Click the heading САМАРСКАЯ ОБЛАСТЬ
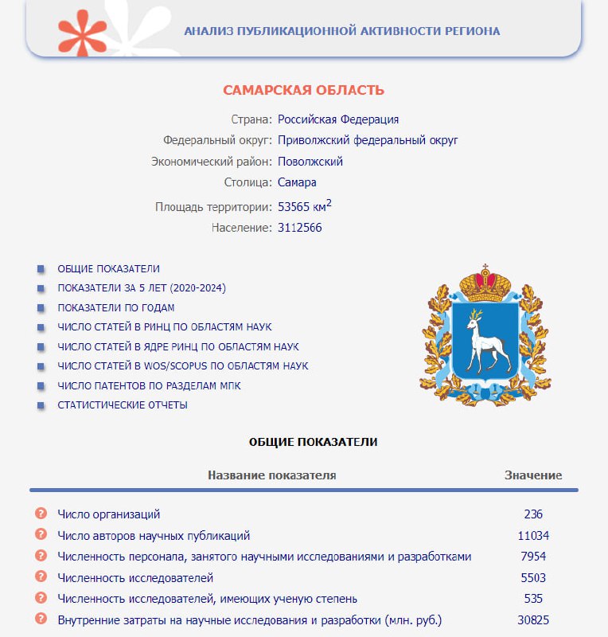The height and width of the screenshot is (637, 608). point(303,91)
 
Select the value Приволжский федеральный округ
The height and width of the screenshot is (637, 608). point(368,140)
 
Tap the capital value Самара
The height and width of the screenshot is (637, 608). point(297,182)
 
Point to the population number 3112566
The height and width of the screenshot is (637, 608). point(300,228)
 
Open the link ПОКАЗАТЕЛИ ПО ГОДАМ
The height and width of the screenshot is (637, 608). point(115,307)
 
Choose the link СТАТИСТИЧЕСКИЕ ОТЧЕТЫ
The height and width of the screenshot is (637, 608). point(123,404)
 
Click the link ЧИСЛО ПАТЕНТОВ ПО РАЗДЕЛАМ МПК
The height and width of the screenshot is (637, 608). point(149,385)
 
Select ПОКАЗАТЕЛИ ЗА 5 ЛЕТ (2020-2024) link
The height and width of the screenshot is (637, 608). point(142,288)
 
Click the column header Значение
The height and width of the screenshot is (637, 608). point(533,475)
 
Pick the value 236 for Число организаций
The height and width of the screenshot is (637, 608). point(533,514)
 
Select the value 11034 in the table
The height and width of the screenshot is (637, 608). point(533,536)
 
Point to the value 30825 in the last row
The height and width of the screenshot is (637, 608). point(533,620)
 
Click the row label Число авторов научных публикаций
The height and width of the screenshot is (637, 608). point(154,536)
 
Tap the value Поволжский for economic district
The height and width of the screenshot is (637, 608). point(310,162)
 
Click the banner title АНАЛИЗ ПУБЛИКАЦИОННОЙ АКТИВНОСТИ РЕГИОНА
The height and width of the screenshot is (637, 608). point(342,31)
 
